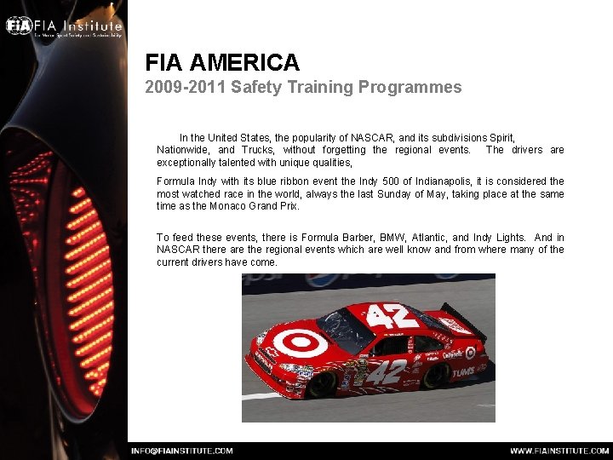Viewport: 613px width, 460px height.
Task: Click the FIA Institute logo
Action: click(64, 26)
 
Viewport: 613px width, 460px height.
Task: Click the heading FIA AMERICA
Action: click(222, 62)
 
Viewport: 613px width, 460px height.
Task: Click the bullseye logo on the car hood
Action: click(299, 342)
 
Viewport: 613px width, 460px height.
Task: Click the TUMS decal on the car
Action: click(464, 371)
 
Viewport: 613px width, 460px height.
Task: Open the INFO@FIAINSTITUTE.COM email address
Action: click(181, 451)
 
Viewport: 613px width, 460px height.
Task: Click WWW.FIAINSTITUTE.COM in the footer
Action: click(559, 451)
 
